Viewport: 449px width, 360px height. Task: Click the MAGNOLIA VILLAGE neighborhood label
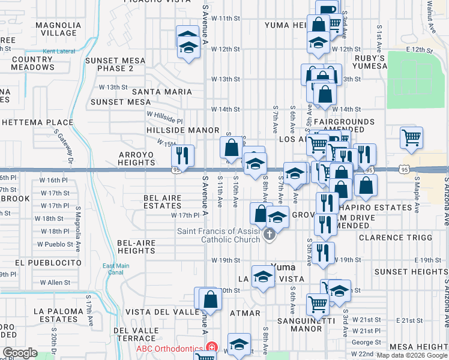pos(58,29)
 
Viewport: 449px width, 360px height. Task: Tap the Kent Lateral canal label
pos(59,52)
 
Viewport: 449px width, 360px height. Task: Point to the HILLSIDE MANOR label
pos(183,130)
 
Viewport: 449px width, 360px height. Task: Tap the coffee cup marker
pos(328,10)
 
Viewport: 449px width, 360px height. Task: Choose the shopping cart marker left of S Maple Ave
pos(411,137)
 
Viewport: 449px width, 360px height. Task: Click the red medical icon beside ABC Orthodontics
pos(211,347)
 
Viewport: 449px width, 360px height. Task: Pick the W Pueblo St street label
pos(55,244)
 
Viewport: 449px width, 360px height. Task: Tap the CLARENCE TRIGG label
pos(395,238)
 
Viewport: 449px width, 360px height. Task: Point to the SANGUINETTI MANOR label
pos(301,325)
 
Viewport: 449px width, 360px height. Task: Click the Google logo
pos(20,353)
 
